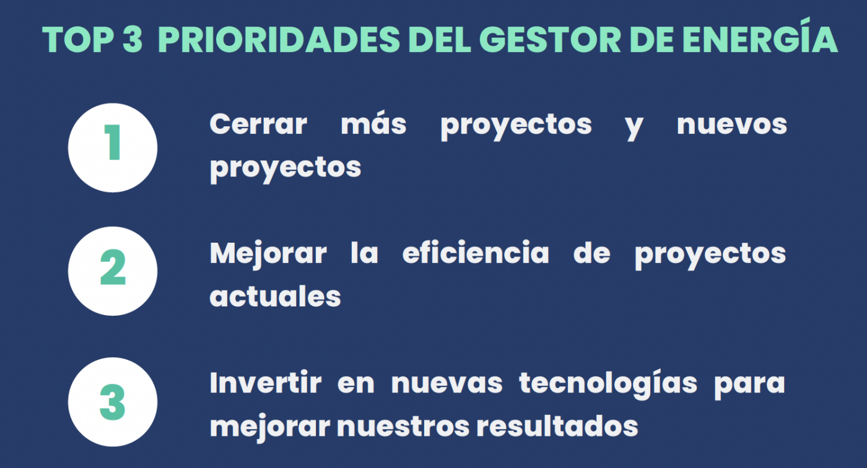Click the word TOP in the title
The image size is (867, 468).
coord(78,39)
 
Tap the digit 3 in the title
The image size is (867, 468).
coord(133,39)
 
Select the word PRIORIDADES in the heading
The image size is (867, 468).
coord(279,39)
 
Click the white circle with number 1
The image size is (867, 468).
coord(113,147)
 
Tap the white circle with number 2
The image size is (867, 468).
coord(113,271)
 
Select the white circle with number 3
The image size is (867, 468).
coord(113,402)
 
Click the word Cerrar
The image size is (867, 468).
coord(258,124)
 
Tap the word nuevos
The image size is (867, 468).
coord(732,125)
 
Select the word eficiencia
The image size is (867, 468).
coord(476,253)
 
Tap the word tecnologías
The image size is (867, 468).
coord(608,384)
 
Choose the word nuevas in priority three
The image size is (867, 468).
coord(447,384)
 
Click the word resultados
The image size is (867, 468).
coord(557,426)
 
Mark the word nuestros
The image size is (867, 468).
coord(403,427)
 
